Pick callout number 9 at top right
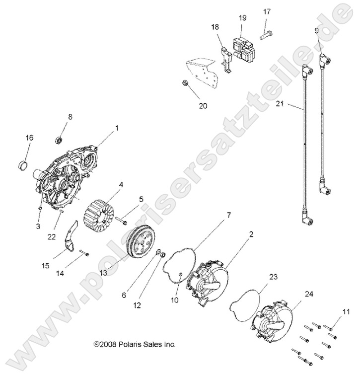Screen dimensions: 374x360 (x=316, y=31)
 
